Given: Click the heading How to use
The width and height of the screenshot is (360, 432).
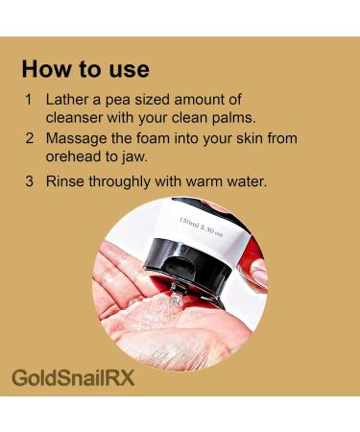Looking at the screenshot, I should point(85,69).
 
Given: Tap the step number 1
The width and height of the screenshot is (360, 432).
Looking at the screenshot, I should point(29,100).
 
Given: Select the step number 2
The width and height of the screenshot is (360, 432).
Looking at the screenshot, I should point(29,138).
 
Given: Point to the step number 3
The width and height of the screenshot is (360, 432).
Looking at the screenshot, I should point(29,180).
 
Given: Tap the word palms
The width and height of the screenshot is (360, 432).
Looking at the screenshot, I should point(231,117).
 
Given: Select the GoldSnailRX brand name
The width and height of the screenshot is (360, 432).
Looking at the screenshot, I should point(73,376).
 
